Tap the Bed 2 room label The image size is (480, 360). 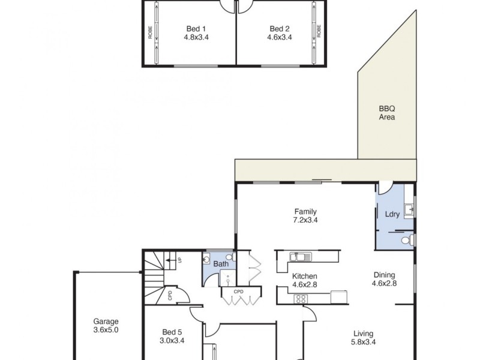coord(280,28)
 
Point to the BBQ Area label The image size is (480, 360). coord(386,113)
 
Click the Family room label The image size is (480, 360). coord(305,211)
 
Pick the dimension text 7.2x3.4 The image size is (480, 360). coord(305,220)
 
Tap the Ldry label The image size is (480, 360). coord(384,214)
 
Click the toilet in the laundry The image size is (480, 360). coord(406,240)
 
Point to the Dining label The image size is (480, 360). coord(384,275)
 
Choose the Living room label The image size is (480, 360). coord(363,334)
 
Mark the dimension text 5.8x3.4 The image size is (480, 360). coord(363,343)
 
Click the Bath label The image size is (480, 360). coord(221,263)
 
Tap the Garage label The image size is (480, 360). coord(106,320)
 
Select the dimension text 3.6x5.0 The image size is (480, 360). coord(106,329)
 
